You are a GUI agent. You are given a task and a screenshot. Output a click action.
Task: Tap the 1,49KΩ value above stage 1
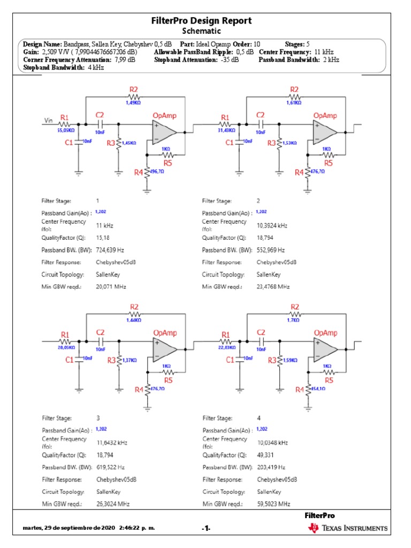tap(133, 102)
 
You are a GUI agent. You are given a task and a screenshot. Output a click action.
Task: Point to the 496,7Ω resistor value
tap(156, 172)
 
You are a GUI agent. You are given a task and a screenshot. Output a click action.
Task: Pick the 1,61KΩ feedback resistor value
tap(294, 102)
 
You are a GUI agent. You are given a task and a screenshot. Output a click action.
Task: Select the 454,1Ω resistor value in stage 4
tap(317, 389)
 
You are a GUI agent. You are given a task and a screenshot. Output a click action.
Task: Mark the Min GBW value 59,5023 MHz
tap(273, 504)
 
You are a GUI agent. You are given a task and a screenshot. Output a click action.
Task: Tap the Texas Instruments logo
tap(347, 528)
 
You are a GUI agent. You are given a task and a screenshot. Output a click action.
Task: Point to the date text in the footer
tap(89, 528)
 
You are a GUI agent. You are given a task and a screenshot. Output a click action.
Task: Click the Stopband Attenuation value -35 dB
tap(229, 60)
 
